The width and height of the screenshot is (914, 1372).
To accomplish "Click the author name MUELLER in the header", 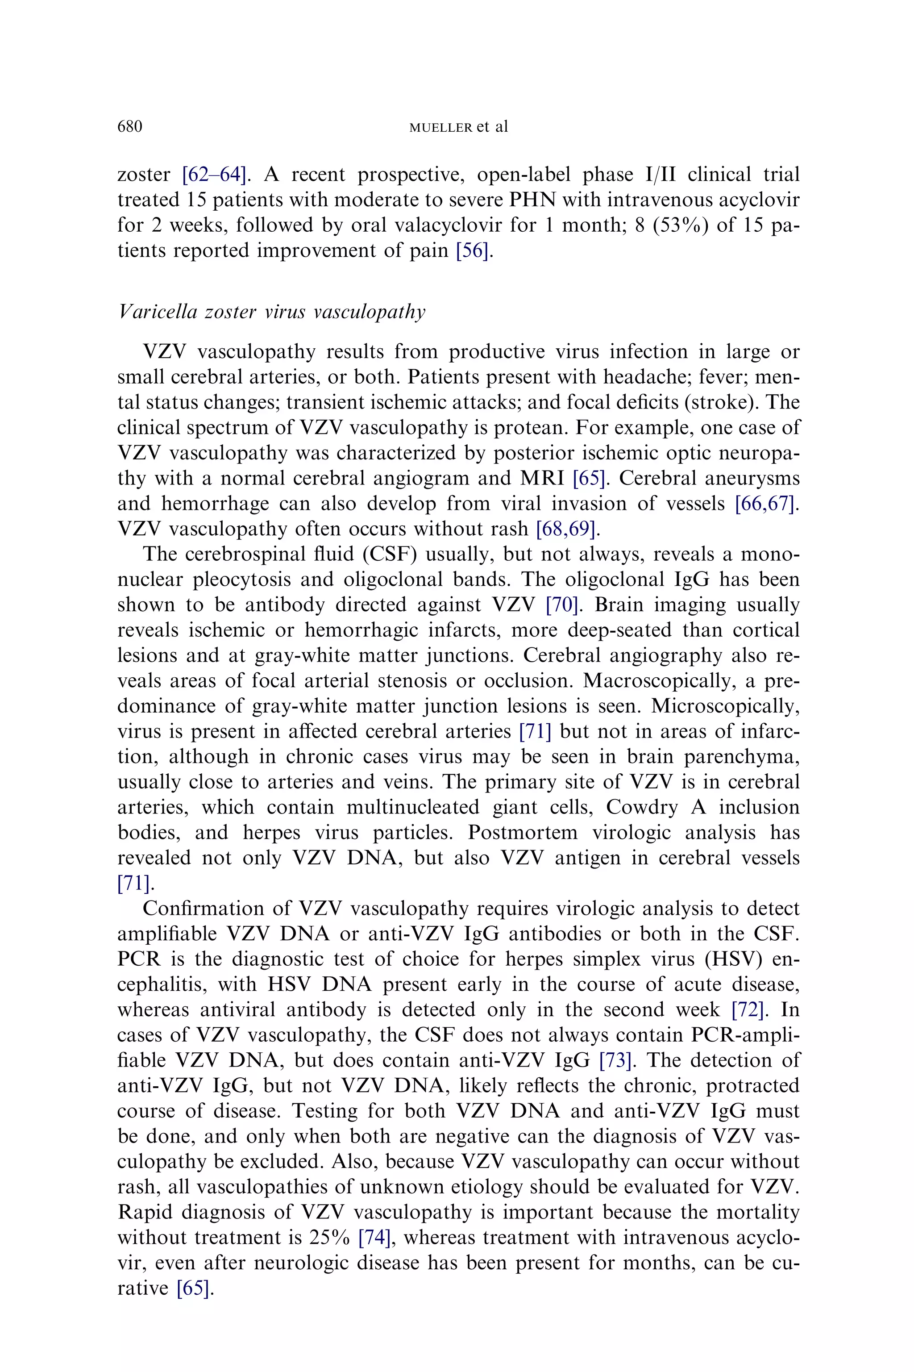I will tap(440, 128).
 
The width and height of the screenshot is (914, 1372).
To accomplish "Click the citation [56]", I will tap(473, 251).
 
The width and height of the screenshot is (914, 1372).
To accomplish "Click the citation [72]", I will tap(748, 1009).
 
